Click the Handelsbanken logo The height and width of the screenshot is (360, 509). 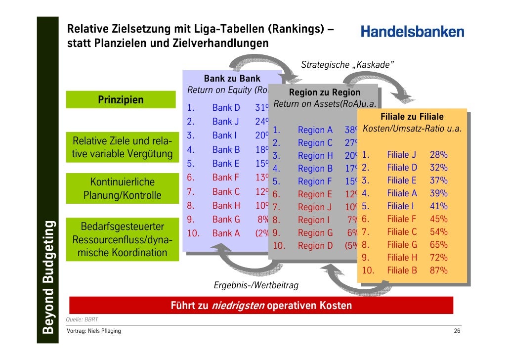click(412, 32)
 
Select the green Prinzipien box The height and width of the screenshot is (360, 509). click(121, 100)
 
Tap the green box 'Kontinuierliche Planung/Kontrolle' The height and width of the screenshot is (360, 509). click(122, 189)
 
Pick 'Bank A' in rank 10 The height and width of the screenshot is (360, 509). click(226, 233)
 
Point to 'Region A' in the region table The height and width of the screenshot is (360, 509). click(315, 130)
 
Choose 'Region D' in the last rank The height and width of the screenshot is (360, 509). click(315, 246)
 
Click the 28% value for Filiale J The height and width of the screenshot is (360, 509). click(438, 155)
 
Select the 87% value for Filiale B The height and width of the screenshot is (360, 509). click(438, 270)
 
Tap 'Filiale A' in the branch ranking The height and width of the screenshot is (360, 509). click(402, 193)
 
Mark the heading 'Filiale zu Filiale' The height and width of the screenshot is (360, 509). click(412, 117)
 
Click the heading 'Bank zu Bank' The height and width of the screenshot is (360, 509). click(232, 79)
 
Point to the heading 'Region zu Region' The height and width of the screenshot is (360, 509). click(324, 92)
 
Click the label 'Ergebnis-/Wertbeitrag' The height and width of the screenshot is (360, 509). click(255, 285)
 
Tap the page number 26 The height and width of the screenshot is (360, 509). click(457, 330)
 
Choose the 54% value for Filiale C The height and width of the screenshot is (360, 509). click(438, 232)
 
